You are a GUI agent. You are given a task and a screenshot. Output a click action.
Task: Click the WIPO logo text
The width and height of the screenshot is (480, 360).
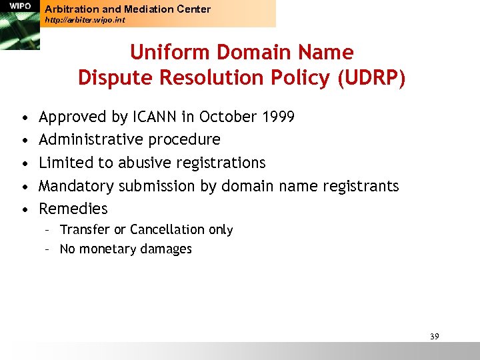tap(20, 6)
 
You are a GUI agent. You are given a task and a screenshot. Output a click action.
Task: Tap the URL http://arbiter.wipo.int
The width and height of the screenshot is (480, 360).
tap(85, 20)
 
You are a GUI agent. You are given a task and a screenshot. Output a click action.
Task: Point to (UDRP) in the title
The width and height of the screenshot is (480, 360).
tap(371, 78)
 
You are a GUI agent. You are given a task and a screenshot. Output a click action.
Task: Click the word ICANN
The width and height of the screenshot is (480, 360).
tap(155, 117)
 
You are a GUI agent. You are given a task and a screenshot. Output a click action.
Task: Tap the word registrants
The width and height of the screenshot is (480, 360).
tap(361, 186)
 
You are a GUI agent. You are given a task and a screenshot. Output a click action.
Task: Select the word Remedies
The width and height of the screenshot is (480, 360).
tap(73, 209)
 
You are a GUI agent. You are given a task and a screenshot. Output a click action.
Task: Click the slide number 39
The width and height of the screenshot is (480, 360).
tap(434, 336)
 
